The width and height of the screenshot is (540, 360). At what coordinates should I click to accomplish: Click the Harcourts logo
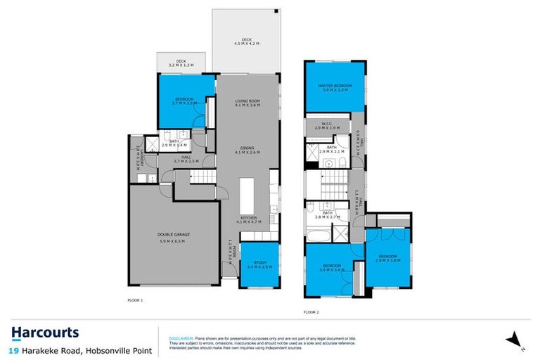(45, 333)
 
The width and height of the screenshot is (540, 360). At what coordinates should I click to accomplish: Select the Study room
(259, 265)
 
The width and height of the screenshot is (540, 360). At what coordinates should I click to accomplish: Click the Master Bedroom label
(335, 86)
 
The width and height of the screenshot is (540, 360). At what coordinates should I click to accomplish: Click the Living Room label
(247, 102)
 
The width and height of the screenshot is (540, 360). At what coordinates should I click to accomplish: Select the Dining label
(247, 148)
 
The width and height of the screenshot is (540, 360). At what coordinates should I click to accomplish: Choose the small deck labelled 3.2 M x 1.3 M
(180, 62)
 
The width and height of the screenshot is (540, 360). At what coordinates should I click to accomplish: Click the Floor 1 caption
(135, 300)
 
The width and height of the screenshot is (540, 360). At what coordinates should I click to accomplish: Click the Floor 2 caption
(311, 311)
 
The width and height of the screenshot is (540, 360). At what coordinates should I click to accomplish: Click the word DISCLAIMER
(181, 337)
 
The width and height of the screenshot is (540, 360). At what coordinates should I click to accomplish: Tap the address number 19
(14, 349)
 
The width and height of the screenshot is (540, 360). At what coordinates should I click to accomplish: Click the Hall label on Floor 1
(186, 157)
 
